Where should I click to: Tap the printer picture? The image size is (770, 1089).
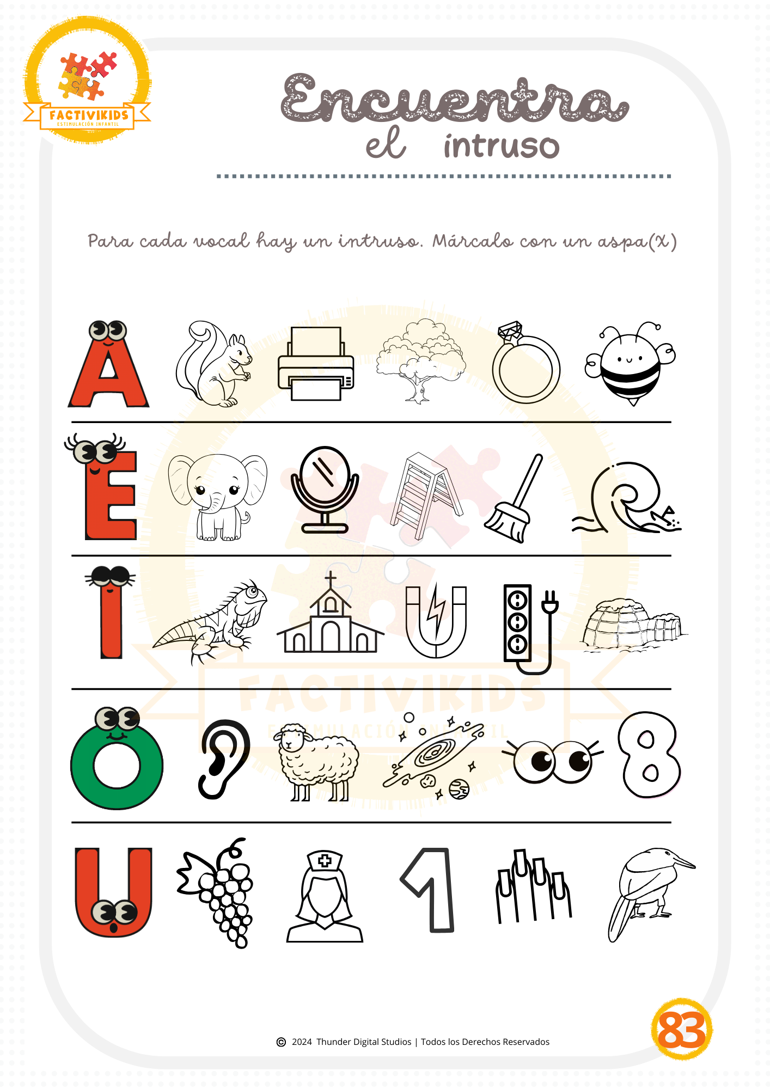tap(316, 363)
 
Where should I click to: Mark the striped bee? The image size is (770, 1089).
tap(630, 364)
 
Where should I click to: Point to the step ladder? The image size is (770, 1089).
tap(426, 495)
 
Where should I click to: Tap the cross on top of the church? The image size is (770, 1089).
tap(331, 579)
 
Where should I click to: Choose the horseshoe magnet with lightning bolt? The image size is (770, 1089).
tap(436, 621)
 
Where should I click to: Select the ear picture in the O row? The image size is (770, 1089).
tap(224, 760)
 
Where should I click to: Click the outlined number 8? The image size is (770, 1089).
tap(649, 755)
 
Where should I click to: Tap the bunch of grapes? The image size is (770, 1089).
tap(218, 893)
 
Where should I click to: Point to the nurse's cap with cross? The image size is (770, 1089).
tap(325, 861)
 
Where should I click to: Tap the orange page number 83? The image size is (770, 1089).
tap(682, 1030)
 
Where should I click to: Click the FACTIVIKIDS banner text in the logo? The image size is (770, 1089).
tap(89, 115)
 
